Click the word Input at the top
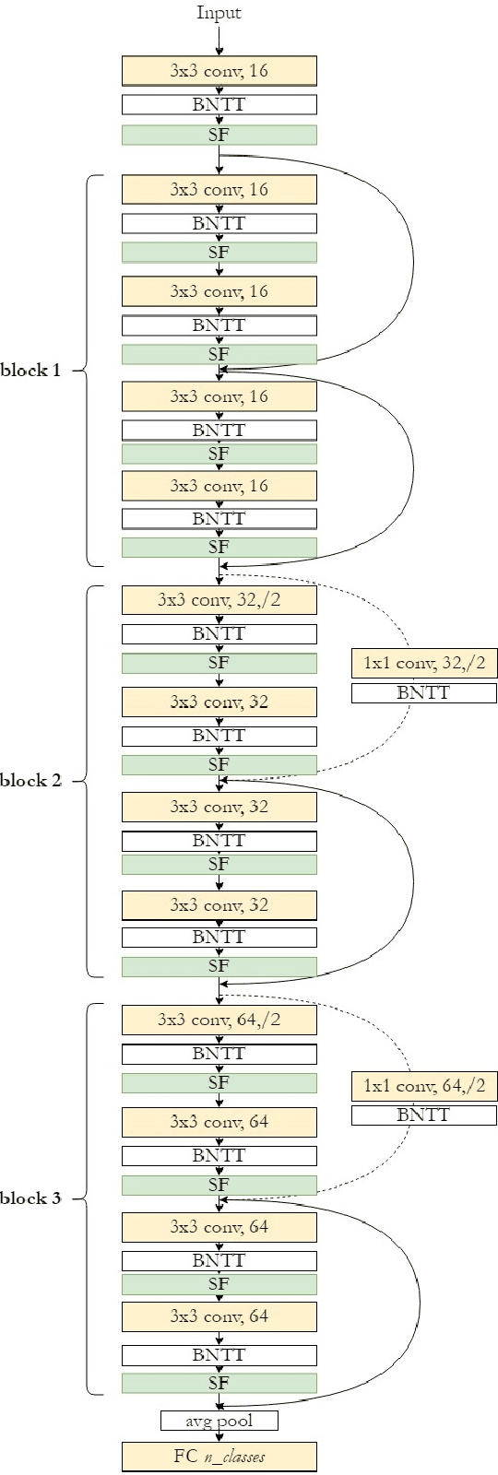tap(219, 13)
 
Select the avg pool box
tap(219, 1421)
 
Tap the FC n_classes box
tap(219, 1457)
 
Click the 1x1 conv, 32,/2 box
tap(424, 663)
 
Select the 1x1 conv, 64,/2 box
tap(424, 1086)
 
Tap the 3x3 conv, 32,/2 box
tap(219, 600)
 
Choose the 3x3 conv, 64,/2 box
tap(219, 1020)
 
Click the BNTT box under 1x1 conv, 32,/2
tap(424, 693)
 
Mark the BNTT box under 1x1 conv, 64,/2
tap(424, 1115)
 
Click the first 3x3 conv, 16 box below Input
tap(219, 71)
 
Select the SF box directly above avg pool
tap(219, 1383)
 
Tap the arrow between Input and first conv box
tap(219, 40)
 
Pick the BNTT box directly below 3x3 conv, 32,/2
tap(219, 634)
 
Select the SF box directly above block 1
tap(219, 136)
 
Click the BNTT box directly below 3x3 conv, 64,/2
tap(219, 1054)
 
